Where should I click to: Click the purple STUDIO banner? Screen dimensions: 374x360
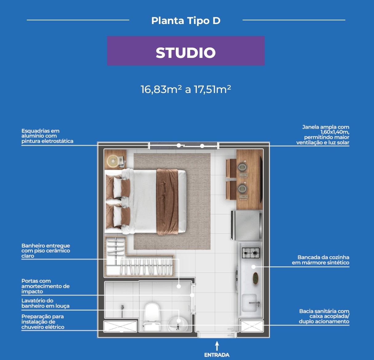186,51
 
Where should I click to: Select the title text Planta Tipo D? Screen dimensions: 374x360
186,21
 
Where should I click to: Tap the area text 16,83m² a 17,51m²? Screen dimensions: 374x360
186,89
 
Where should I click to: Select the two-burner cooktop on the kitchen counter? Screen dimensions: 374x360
251,253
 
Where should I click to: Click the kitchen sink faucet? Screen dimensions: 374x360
255,304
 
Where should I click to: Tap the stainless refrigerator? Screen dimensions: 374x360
247,225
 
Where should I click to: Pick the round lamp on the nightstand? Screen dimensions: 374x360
112,161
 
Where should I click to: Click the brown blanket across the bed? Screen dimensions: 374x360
167,202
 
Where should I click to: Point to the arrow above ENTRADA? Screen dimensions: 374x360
217,346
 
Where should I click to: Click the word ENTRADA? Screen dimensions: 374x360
217,355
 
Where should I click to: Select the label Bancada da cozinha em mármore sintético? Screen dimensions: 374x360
320,260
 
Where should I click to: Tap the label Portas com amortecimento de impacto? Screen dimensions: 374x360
46,286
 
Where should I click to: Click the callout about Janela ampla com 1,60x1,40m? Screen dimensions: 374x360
323,135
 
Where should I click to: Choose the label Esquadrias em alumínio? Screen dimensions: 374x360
47,136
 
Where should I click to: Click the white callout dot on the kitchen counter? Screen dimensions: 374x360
254,267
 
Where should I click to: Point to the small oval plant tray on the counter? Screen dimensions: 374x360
255,278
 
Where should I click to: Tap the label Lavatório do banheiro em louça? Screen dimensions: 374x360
45,303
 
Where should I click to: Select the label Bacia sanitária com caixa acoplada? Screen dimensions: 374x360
324,316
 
